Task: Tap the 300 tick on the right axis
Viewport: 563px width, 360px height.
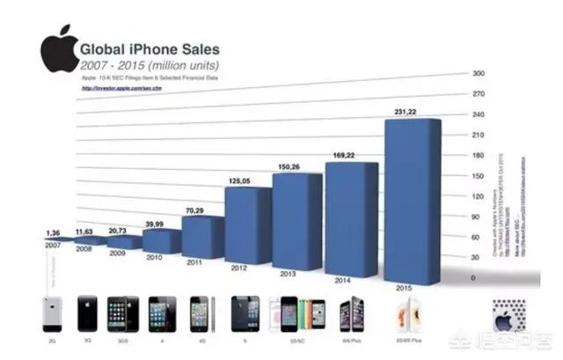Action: (x=479, y=75)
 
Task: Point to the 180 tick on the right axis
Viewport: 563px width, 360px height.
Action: (x=479, y=157)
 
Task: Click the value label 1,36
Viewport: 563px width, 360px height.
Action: (x=52, y=233)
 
